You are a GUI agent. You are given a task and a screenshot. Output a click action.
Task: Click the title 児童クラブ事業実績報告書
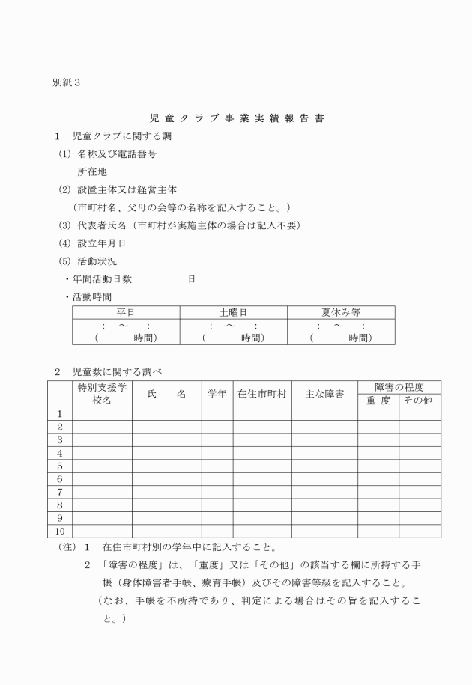point(237,118)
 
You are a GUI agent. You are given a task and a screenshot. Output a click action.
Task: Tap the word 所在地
point(92,171)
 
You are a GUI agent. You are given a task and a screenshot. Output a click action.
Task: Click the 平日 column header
point(126,312)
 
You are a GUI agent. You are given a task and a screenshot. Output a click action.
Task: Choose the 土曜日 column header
point(233,312)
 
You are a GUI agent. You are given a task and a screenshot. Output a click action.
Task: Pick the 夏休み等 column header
point(341,312)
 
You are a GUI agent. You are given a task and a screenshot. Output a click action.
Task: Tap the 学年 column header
point(217,394)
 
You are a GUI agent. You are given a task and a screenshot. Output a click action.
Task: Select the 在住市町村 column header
point(262,394)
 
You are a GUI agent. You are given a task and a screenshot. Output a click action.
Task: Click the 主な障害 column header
point(324,394)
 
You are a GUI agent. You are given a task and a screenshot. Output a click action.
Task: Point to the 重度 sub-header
point(378,401)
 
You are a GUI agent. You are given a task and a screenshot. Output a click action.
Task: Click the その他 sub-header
point(419,401)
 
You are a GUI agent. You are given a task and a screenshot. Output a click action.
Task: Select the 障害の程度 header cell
point(399,387)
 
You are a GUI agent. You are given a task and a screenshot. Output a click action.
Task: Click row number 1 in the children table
point(59,414)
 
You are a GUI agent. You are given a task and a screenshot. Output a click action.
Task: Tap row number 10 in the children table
point(59,531)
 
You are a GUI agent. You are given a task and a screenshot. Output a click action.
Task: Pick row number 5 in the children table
point(59,466)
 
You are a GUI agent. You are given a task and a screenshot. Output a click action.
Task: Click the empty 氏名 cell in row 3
point(166,440)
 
